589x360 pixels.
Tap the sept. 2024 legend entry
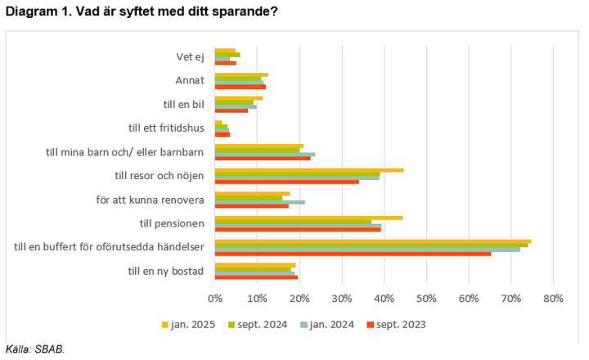pyautogui.click(x=258, y=325)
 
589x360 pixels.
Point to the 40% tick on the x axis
pyautogui.click(x=384, y=299)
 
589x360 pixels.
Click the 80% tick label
pyautogui.click(x=553, y=299)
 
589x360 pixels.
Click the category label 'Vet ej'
pyautogui.click(x=190, y=56)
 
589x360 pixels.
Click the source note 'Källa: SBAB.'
pyautogui.click(x=34, y=349)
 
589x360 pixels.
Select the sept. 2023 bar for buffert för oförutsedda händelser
pyautogui.click(x=353, y=254)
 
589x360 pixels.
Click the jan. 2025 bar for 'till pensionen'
pyautogui.click(x=308, y=218)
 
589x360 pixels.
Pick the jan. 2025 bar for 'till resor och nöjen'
pyautogui.click(x=309, y=170)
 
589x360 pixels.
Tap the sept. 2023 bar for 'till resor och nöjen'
pyautogui.click(x=286, y=182)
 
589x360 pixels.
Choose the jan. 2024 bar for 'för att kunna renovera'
pyautogui.click(x=259, y=201)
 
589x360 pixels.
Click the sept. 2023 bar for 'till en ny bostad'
pyautogui.click(x=256, y=277)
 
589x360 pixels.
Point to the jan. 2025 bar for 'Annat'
pyautogui.click(x=241, y=74)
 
